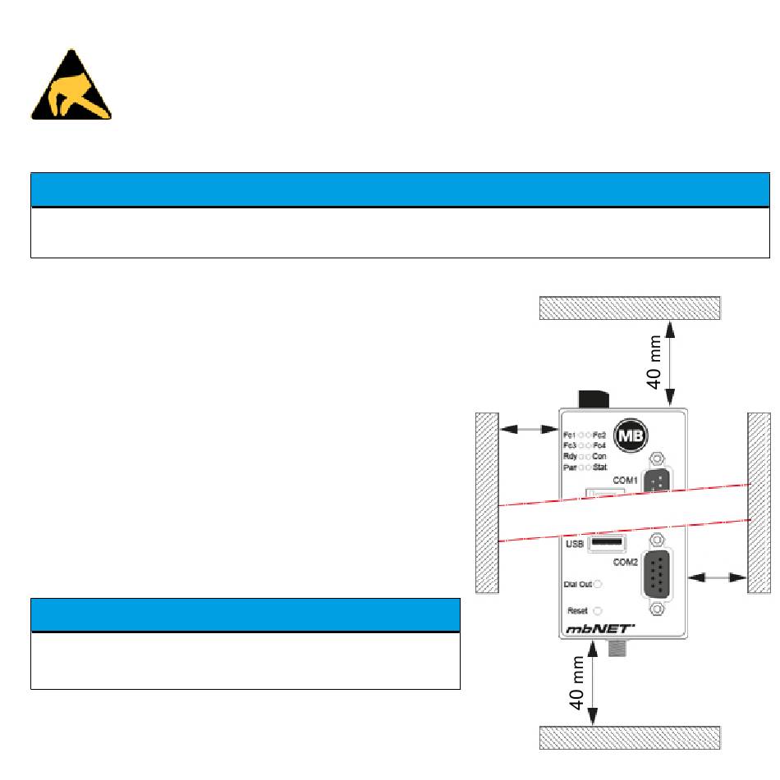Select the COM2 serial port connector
[656, 575]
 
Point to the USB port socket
[606, 543]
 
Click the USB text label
[575, 543]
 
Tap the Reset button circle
[598, 611]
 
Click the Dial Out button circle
[598, 585]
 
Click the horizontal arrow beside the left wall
[529, 428]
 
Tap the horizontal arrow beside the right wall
[717, 578]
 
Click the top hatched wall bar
[630, 308]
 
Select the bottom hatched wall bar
[630, 737]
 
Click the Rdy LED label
[570, 456]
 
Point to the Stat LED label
[600, 467]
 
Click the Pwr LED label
[570, 467]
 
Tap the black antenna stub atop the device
[593, 399]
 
